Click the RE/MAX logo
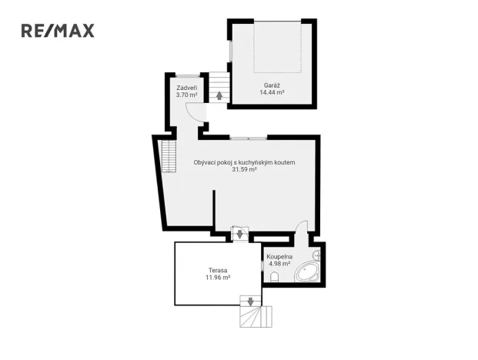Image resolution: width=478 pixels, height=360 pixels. point(58,31)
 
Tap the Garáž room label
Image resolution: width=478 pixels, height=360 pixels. point(271,84)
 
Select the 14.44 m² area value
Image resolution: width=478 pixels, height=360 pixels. point(271,92)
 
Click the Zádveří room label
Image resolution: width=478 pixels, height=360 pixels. point(187,88)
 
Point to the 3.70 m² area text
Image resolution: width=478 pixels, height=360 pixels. point(187,96)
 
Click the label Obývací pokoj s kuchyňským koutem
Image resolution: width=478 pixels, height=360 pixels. point(244,162)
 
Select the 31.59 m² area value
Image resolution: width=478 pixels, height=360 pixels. point(244,171)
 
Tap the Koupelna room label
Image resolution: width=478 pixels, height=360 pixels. point(279,255)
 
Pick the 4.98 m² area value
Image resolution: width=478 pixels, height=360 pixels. point(279,264)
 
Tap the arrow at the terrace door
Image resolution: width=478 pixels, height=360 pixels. point(239,234)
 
